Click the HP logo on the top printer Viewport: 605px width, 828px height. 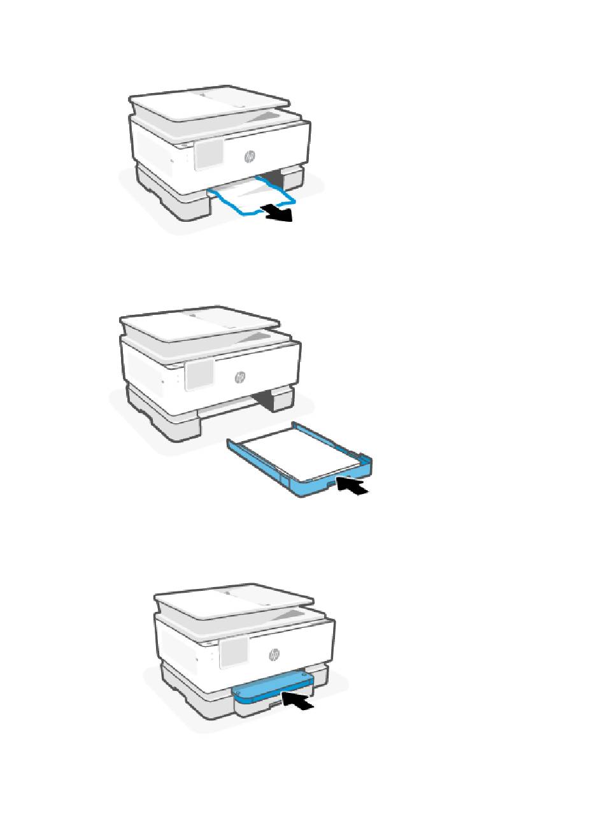[x=250, y=157]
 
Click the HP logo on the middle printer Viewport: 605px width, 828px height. [x=240, y=377]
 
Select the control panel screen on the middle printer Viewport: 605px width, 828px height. [x=199, y=375]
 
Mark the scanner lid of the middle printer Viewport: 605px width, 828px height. [x=199, y=323]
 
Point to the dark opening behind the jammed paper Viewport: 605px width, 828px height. [x=273, y=180]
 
